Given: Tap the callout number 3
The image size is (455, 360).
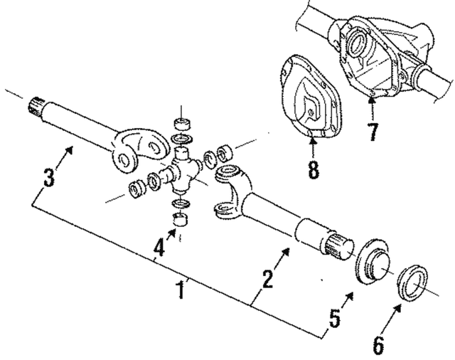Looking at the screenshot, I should point(48,178).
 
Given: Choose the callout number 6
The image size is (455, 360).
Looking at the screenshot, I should point(378,346).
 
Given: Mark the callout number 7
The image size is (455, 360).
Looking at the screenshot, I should point(373,132).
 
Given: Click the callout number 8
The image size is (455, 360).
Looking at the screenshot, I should point(314,171).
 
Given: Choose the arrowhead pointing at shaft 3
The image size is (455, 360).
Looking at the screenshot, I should point(71,147).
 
